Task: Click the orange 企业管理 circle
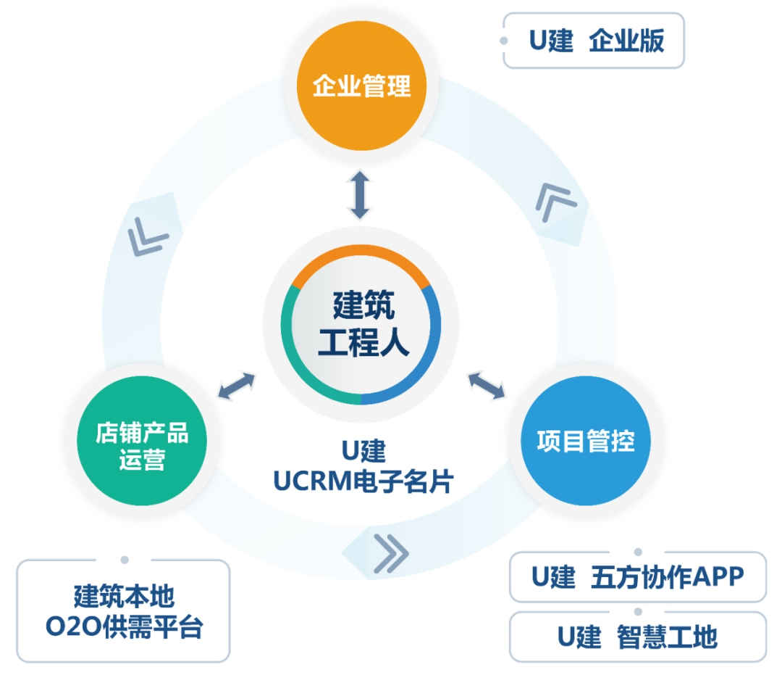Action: coord(361,86)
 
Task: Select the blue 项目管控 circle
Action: coord(585,441)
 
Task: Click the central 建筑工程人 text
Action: coord(363,323)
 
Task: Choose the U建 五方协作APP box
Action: coord(637,578)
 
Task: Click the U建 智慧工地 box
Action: coord(637,637)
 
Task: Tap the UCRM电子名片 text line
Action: coord(363,481)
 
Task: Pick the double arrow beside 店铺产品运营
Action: coord(237,386)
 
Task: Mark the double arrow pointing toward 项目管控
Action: coord(487,386)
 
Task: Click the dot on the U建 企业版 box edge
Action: coord(504,41)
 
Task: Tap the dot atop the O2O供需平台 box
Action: coord(125,560)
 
